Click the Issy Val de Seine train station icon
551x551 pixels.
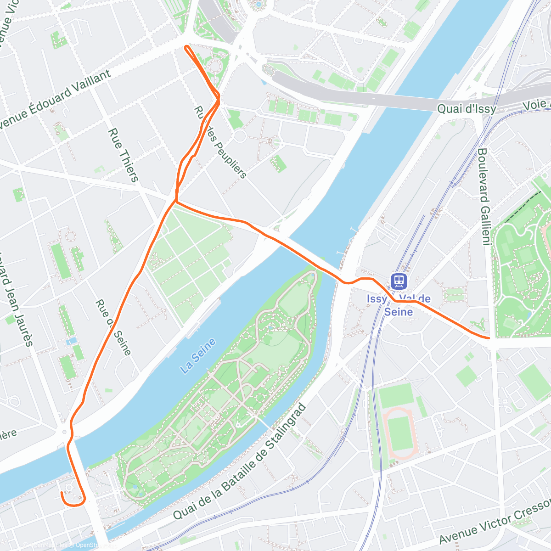398,281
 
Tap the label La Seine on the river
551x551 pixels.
198,356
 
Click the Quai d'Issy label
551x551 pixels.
466,109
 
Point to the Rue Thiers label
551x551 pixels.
123,155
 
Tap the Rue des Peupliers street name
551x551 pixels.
220,142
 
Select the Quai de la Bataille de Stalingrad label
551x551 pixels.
239,461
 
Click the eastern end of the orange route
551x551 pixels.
489,338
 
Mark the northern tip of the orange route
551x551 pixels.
186,47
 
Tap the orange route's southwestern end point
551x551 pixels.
62,493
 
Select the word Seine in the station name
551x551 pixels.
398,312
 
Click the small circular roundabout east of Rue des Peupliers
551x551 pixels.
240,136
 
